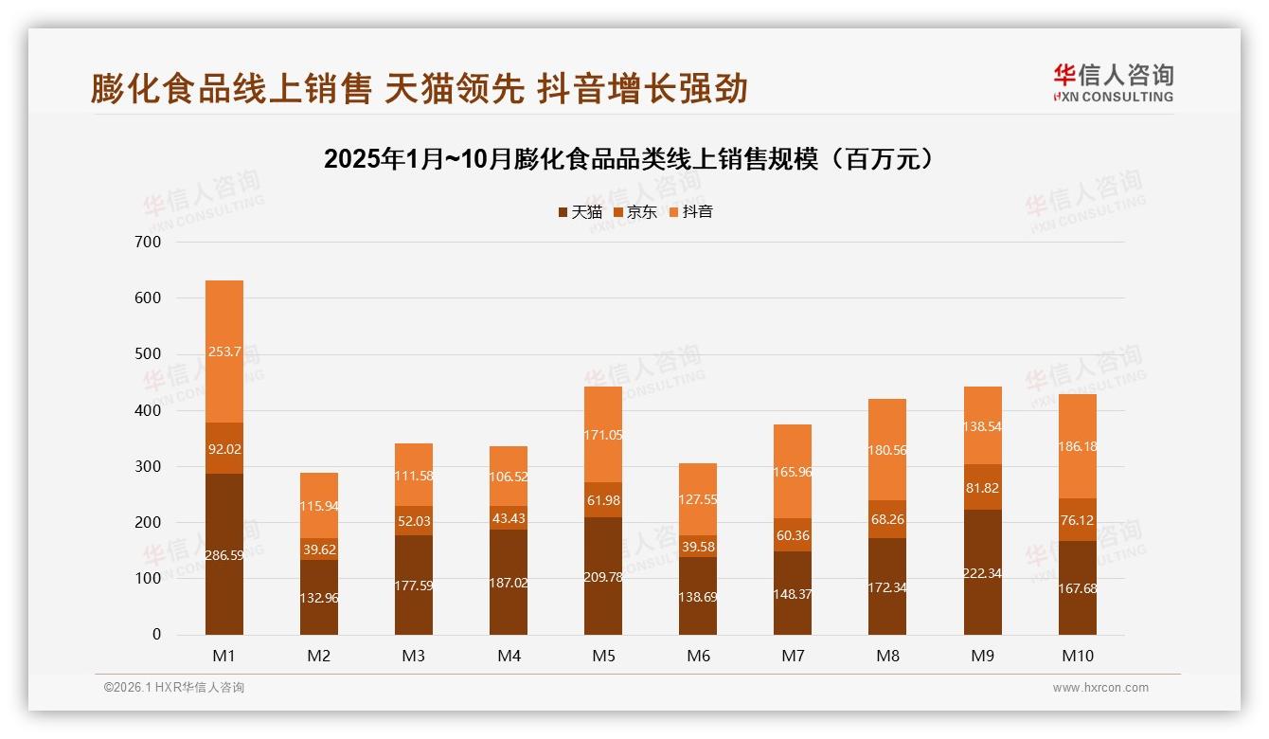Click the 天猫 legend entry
pyautogui.click(x=580, y=212)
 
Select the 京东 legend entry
pyautogui.click(x=635, y=212)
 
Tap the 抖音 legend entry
pyautogui.click(x=690, y=212)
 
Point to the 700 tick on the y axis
pyautogui.click(x=149, y=243)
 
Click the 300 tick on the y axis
pyautogui.click(x=149, y=467)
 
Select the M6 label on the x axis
pyautogui.click(x=698, y=656)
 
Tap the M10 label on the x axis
pyautogui.click(x=1077, y=656)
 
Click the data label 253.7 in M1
pyautogui.click(x=224, y=351)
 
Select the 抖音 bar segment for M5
pyautogui.click(x=603, y=434)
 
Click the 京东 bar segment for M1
pyautogui.click(x=224, y=448)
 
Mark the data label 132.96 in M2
pyautogui.click(x=319, y=597)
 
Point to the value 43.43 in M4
pyautogui.click(x=509, y=518)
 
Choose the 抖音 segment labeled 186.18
pyautogui.click(x=1077, y=445)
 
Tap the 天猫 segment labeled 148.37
pyautogui.click(x=793, y=593)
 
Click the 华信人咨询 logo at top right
pyautogui.click(x=1113, y=82)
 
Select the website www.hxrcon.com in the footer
pyautogui.click(x=1100, y=688)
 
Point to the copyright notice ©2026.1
pyautogui.click(x=174, y=688)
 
